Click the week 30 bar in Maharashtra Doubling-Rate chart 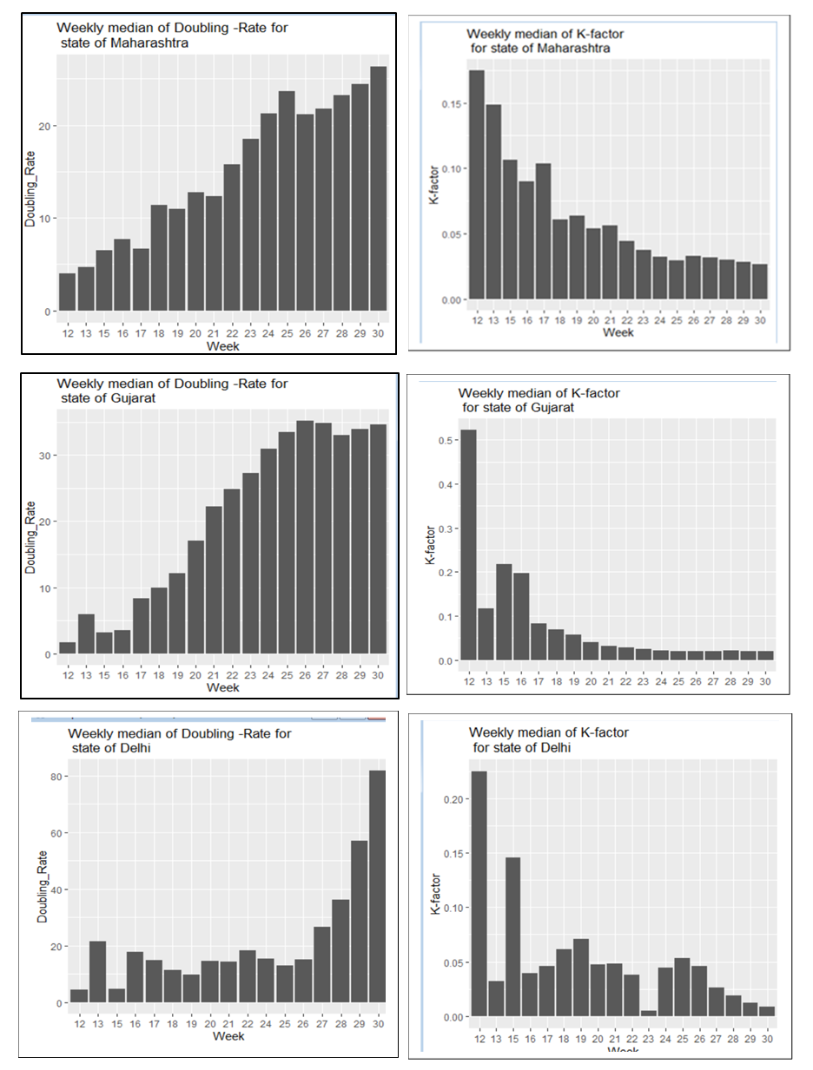pyautogui.click(x=379, y=188)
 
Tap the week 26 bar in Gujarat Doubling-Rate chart pyautogui.click(x=305, y=538)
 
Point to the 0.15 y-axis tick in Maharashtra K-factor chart pyautogui.click(x=449, y=103)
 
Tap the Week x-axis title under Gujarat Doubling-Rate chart pyautogui.click(x=223, y=687)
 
